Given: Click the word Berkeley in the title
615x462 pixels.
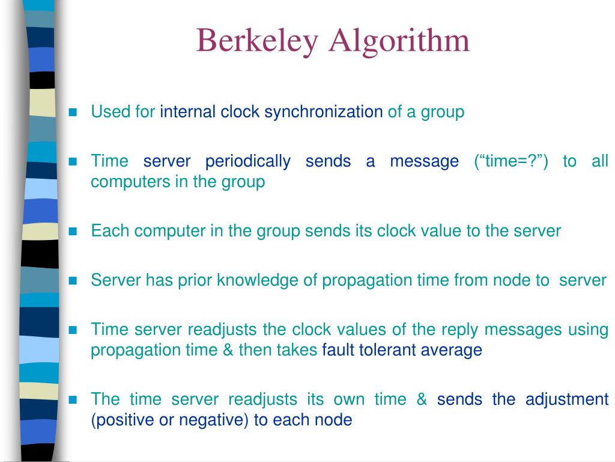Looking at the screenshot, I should pos(257,40).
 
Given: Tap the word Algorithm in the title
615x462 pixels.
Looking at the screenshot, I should pos(399,40).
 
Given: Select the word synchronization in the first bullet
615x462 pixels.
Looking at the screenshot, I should pos(324,112).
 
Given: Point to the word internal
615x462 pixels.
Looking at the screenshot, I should pos(187,112).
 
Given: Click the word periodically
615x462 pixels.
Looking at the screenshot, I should pos(247,161).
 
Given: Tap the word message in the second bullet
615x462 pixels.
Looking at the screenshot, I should pos(424,161).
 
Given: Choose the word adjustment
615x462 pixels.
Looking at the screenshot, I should pos(567,399).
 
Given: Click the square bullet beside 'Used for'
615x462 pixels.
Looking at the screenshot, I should pos(74,112).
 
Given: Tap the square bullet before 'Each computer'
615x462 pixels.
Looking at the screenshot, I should pos(74,231).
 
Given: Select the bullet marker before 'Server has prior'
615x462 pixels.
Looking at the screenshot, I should pos(74,280).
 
